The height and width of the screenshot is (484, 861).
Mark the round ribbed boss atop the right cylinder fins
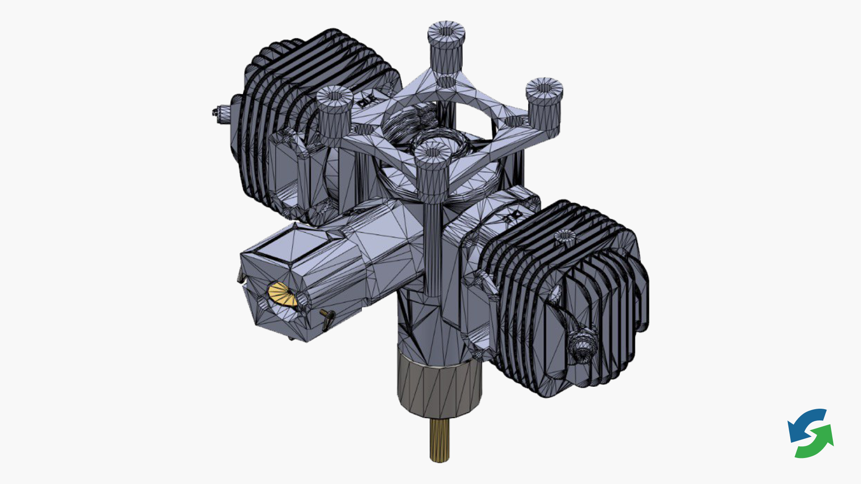[565, 236]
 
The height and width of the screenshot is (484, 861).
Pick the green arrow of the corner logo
[818, 444]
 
